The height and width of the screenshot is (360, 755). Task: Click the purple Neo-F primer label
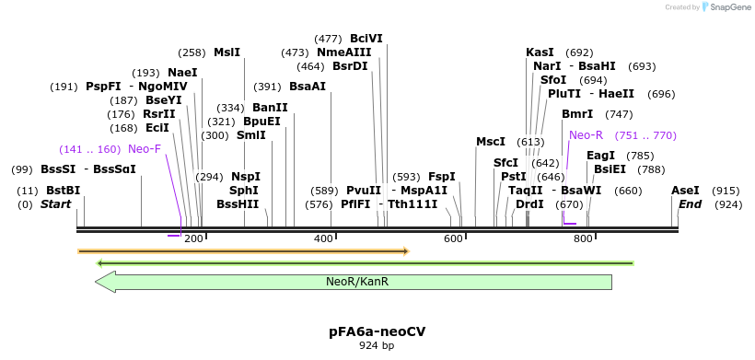(145, 149)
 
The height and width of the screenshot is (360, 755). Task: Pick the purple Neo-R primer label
(586, 135)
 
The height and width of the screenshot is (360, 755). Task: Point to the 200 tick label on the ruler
(194, 239)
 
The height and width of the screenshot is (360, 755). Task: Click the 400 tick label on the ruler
(324, 239)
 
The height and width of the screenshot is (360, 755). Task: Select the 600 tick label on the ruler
(453, 239)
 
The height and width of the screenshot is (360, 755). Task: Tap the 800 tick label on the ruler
(583, 239)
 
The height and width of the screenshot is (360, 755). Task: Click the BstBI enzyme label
(64, 191)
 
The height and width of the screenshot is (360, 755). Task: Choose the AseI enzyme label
(685, 191)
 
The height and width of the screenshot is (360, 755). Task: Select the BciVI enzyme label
(366, 39)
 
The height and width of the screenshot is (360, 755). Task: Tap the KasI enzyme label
(540, 52)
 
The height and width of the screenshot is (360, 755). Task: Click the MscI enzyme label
(491, 142)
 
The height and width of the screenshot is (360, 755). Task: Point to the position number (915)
(726, 191)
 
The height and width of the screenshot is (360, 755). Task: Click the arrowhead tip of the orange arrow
(407, 250)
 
